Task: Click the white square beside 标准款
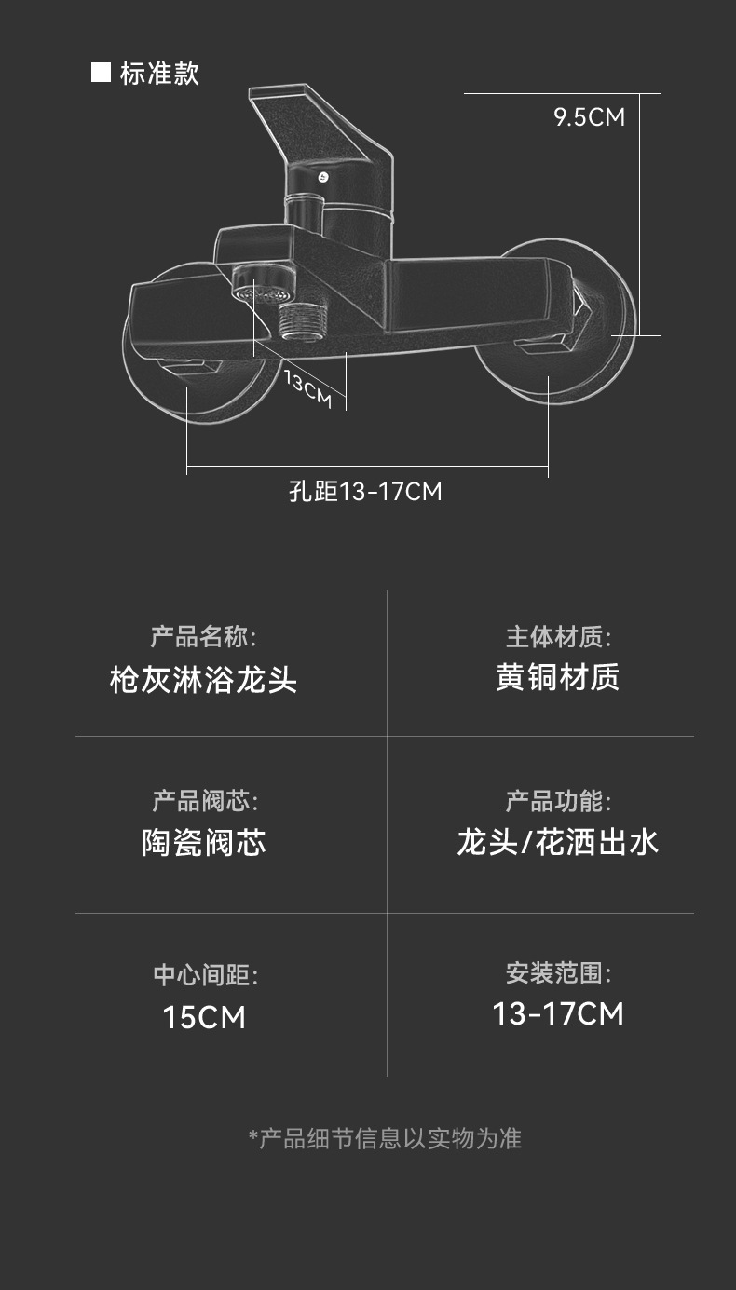pos(101,73)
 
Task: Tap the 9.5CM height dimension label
pos(589,117)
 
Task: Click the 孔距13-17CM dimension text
pos(365,491)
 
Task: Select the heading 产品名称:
pos(203,637)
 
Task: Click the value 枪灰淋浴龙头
pos(203,679)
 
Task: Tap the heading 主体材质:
pos(558,637)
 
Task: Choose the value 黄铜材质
pos(557,677)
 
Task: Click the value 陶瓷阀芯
pos(204,843)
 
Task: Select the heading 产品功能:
pos(558,800)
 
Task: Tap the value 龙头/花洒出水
pos(557,842)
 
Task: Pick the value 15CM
pos(204,1017)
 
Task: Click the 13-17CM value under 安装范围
pos(558,1013)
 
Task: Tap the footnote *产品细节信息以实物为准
pos(385,1138)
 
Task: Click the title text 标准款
pos(159,74)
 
